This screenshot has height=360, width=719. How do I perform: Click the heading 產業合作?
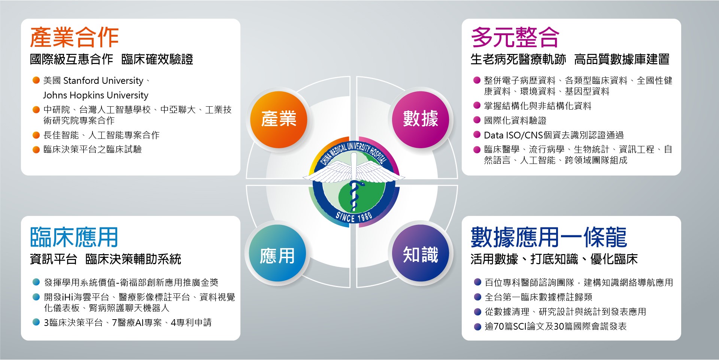click(x=75, y=37)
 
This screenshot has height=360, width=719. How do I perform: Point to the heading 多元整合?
click(x=515, y=37)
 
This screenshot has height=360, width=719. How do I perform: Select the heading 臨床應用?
click(x=74, y=237)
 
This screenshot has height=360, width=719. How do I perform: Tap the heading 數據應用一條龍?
click(x=549, y=237)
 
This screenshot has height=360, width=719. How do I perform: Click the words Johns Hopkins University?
click(x=95, y=95)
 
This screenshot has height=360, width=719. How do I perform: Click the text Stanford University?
click(x=103, y=81)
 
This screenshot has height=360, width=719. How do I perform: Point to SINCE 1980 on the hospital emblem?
click(x=354, y=217)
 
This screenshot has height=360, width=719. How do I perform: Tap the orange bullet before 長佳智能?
click(x=36, y=135)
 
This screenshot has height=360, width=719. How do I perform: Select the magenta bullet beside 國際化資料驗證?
click(x=477, y=120)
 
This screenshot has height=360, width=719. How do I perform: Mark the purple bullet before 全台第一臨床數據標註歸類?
click(x=477, y=297)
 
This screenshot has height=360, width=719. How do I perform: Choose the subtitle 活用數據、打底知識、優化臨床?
click(x=554, y=259)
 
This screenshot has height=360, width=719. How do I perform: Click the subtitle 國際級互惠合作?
click(x=72, y=59)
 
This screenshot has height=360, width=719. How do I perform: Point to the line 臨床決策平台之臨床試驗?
click(x=92, y=149)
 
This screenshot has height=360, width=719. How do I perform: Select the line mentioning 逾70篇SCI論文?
click(x=556, y=326)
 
